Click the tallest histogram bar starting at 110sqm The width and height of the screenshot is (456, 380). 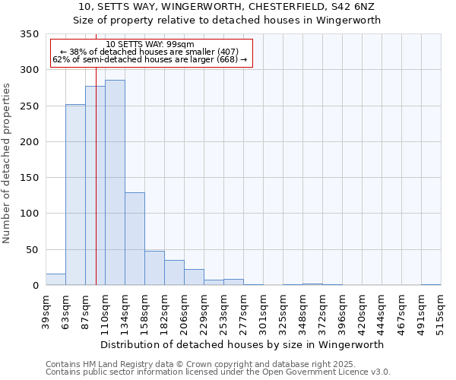(x=115, y=182)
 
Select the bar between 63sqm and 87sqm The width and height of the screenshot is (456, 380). (x=75, y=195)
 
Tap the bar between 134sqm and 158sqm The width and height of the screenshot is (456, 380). (x=135, y=239)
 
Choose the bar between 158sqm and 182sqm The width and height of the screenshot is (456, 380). (x=154, y=268)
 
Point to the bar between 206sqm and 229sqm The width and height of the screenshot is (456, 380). (x=194, y=277)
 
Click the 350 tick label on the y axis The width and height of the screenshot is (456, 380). (x=29, y=34)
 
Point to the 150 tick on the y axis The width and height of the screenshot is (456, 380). (x=29, y=178)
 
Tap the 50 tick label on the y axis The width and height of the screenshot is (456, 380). (x=32, y=250)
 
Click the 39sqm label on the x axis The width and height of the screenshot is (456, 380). (x=46, y=310)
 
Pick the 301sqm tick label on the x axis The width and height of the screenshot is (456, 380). (x=263, y=310)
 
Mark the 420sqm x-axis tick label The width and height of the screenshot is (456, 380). (x=362, y=310)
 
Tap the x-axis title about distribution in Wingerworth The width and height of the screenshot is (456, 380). (x=242, y=344)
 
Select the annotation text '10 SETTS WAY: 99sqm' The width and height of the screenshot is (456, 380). (x=150, y=44)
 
